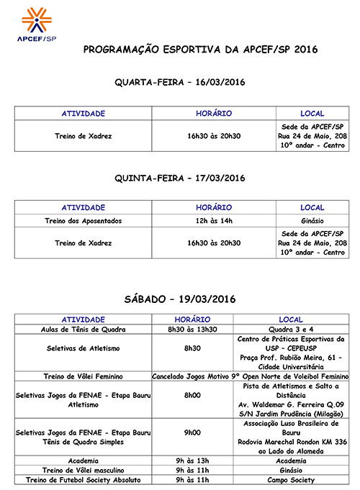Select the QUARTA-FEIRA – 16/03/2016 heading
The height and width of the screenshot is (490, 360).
[x=180, y=83]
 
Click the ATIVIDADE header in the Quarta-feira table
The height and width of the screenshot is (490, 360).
[x=84, y=114]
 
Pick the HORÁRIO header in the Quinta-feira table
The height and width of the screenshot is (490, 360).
[x=214, y=207]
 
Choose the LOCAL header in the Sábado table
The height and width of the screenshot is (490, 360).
[x=291, y=319]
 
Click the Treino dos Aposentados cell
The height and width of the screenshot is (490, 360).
[x=84, y=220]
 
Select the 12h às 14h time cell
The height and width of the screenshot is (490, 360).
[x=214, y=220]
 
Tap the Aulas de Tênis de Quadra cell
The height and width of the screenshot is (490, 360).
[x=84, y=329]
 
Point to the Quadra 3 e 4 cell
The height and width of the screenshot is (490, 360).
[x=291, y=329]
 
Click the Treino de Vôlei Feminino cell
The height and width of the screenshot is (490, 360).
[x=84, y=376]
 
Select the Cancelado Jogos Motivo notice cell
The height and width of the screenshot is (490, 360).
[x=249, y=376]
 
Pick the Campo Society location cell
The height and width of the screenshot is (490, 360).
[x=291, y=479]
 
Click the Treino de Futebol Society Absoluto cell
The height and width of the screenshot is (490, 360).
[x=84, y=479]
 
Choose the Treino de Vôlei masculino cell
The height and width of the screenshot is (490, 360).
[x=84, y=470]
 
